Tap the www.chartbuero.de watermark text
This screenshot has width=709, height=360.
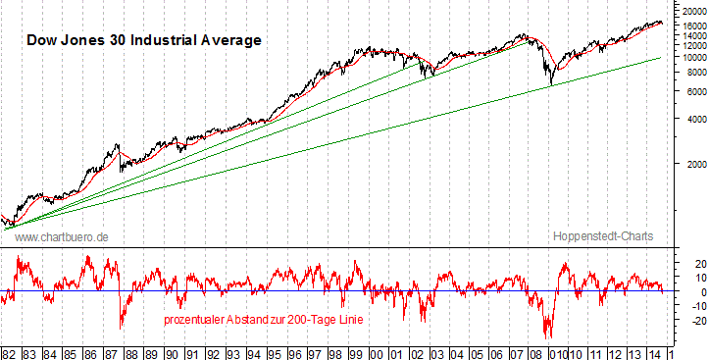pos(62,237)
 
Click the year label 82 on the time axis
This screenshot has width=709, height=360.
pos(9,350)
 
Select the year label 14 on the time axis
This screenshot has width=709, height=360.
pos(657,350)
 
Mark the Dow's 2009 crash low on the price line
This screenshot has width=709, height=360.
pos(551,84)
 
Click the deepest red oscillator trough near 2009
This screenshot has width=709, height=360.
pos(548,336)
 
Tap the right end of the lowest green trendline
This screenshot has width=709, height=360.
pos(660,57)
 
